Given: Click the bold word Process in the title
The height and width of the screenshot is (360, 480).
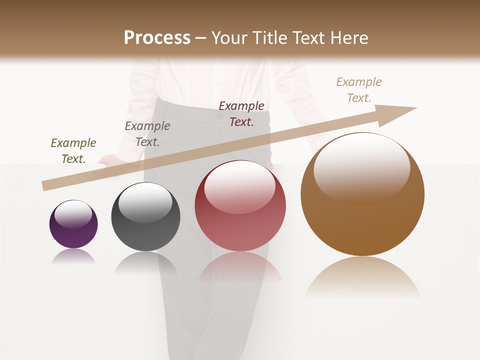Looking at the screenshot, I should tap(157, 38).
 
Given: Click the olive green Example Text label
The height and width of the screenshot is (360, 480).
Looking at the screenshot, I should tap(73, 151).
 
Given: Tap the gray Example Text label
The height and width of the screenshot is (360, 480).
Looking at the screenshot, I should tap(147, 134).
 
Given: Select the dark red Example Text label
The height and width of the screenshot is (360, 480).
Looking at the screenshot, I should tap(241, 114).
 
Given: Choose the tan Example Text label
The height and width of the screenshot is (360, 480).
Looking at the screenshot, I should tap(359, 90).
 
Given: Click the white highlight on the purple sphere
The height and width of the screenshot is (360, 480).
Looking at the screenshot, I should tap(73, 213).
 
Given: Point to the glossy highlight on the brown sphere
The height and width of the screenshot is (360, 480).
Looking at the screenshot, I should tap(361, 167).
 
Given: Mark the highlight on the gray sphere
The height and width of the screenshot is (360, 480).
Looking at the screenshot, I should tap(145, 202).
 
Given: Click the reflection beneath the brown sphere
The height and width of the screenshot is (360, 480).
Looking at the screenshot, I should tap(362, 277).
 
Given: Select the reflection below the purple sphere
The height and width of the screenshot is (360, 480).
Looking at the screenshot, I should tap(73, 257).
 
